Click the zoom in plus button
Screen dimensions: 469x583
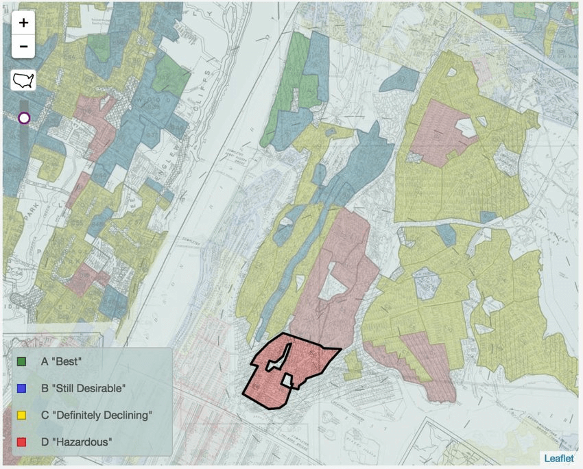[x=23, y=23]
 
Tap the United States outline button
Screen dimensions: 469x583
[x=23, y=80]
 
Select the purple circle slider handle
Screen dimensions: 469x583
[x=24, y=118]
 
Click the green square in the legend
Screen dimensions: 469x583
[x=21, y=360]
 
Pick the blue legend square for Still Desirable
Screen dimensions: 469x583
[x=21, y=388]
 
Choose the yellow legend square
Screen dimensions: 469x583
[x=21, y=415]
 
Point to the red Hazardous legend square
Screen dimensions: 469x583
[x=21, y=442]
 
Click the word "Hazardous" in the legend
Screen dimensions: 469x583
[x=79, y=442]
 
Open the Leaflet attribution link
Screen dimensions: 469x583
[x=559, y=458]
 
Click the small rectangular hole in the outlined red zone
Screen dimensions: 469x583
[x=288, y=379]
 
